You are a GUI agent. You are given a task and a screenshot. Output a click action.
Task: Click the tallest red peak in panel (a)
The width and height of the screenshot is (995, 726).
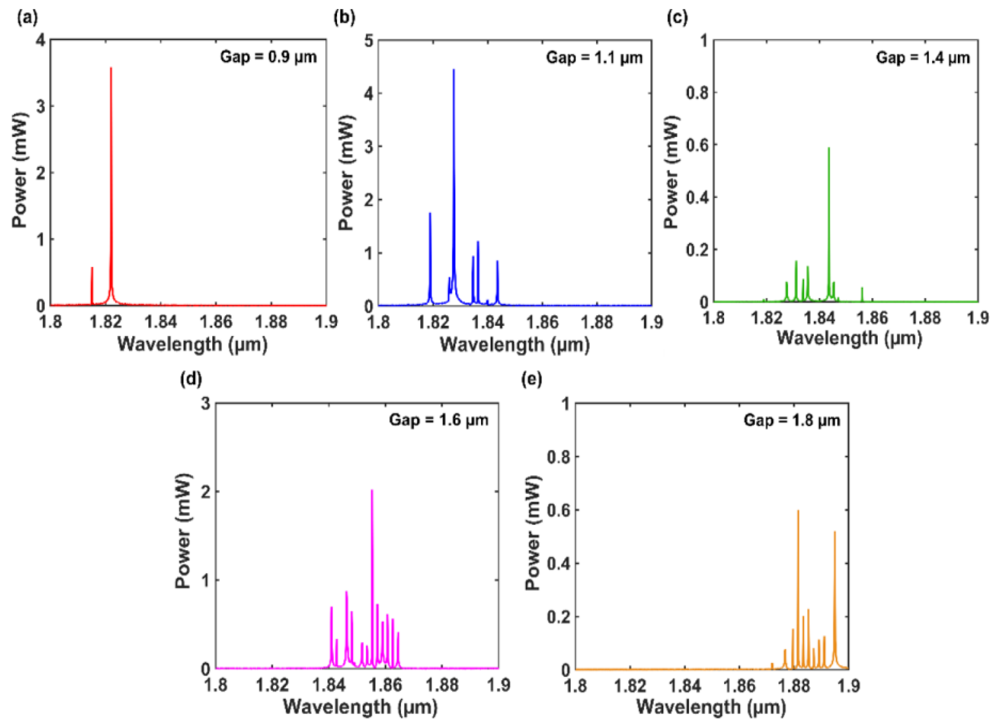pyautogui.click(x=111, y=70)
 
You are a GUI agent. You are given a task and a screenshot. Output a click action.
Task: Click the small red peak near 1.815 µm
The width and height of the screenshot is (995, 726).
pyautogui.click(x=92, y=269)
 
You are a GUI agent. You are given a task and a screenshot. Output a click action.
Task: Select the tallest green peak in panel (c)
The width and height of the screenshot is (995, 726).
pyautogui.click(x=829, y=150)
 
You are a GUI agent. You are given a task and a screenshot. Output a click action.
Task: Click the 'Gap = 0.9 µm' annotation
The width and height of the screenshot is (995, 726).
pyautogui.click(x=268, y=57)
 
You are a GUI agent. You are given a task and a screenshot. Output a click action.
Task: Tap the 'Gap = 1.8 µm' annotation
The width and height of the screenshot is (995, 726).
pyautogui.click(x=792, y=420)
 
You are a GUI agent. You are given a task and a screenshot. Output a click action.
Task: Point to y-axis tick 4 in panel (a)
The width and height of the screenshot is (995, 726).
pyautogui.click(x=41, y=41)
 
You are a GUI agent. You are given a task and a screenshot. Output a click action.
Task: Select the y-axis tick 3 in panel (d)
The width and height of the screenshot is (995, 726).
pyautogui.click(x=205, y=404)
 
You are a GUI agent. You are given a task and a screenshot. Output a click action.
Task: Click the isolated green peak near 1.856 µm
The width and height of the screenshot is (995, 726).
pyautogui.click(x=862, y=289)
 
